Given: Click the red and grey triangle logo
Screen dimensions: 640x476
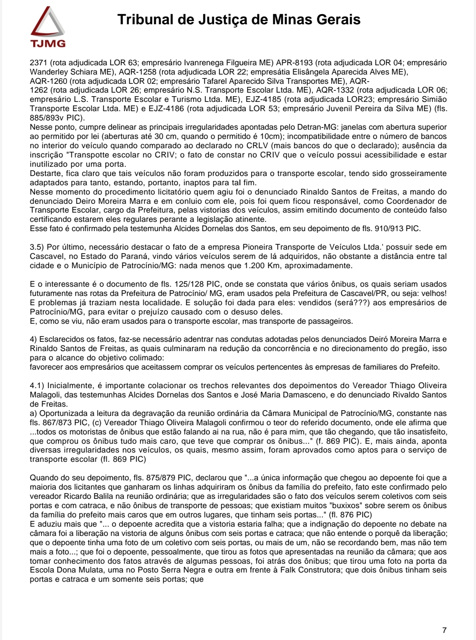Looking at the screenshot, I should coord(48,23).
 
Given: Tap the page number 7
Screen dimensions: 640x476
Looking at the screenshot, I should coord(444,630).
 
